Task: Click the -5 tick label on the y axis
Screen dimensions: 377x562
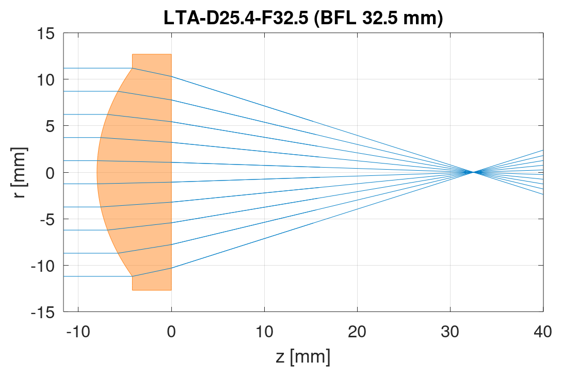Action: (46, 219)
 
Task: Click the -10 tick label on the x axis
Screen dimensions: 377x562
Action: (78, 331)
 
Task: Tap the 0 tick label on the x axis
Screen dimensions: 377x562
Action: (171, 331)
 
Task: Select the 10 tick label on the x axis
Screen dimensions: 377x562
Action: (264, 331)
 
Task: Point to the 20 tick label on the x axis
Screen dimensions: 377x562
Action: (357, 331)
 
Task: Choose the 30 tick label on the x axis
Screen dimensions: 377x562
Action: (450, 331)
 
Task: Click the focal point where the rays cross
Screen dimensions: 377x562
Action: (473, 172)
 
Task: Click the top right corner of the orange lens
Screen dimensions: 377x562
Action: (171, 54)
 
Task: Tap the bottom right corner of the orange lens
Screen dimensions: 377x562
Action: (171, 290)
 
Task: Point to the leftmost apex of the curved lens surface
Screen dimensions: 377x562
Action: (97, 172)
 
